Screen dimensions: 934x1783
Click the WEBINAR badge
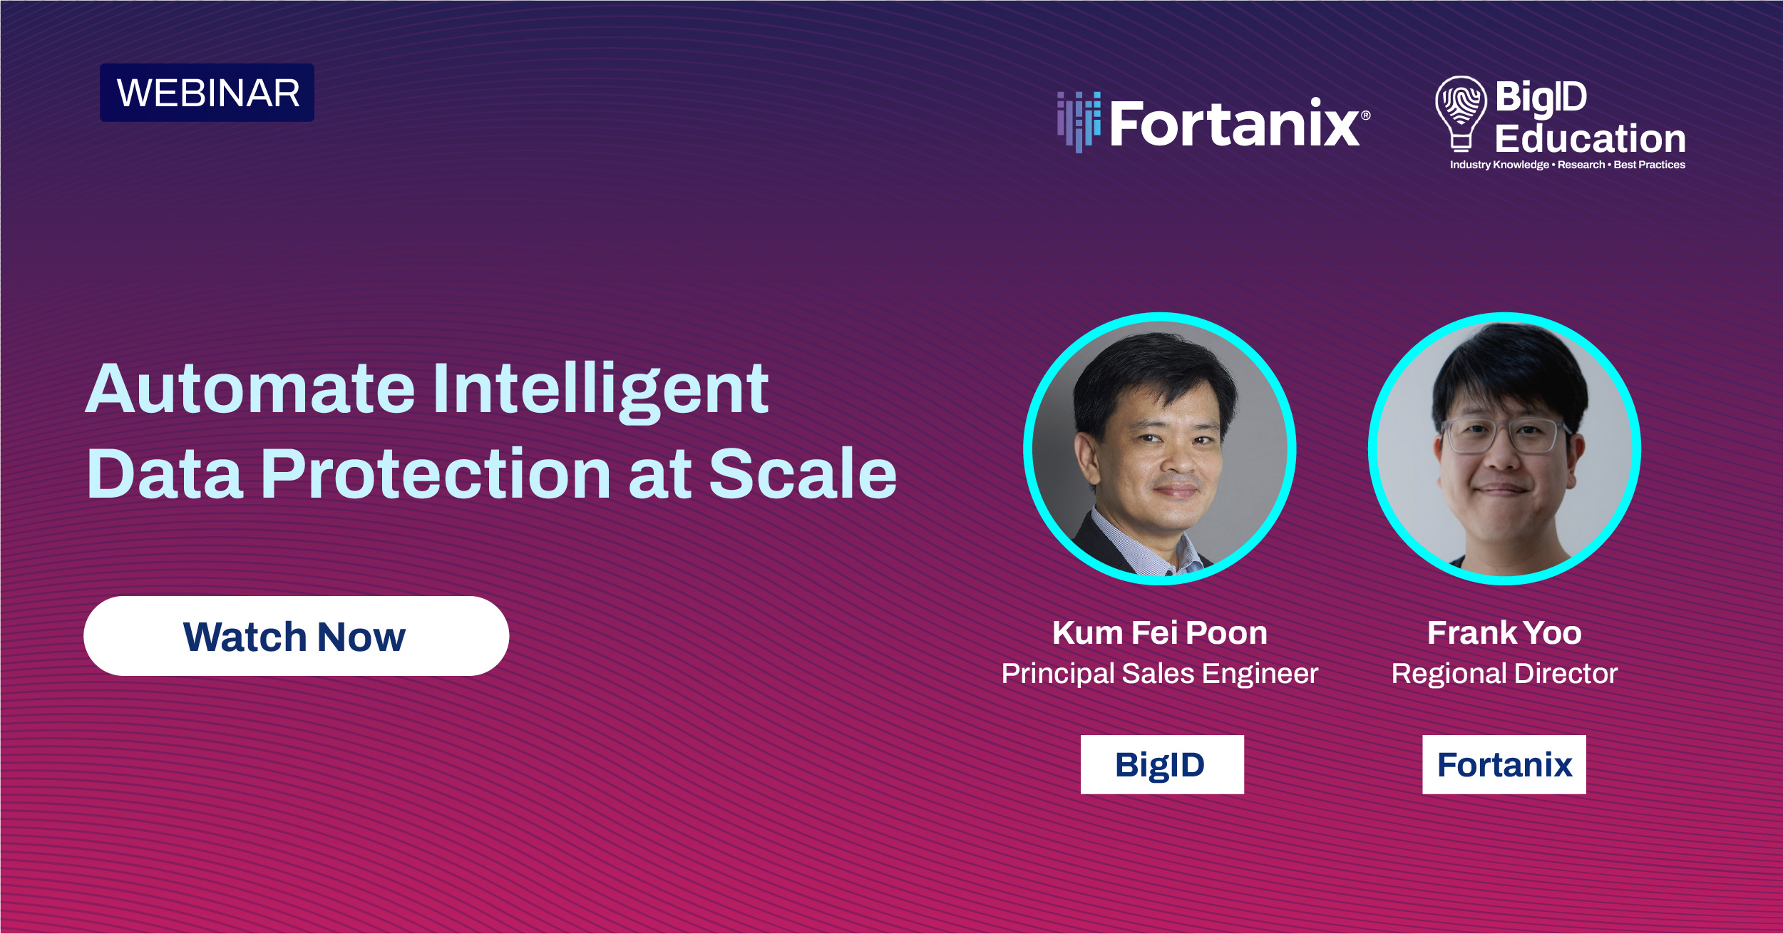point(207,93)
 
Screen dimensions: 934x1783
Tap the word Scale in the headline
point(803,473)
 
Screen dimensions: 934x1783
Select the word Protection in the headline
point(435,473)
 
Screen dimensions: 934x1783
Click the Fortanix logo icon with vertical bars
point(1079,121)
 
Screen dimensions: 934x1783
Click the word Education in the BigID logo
point(1590,138)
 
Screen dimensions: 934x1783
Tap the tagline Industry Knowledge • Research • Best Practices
point(1567,165)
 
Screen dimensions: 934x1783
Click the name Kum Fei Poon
point(1160,633)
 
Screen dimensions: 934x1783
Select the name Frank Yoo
point(1504,633)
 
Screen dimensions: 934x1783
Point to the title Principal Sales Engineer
point(1160,674)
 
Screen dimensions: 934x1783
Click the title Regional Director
point(1504,674)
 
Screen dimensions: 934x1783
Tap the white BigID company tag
point(1162,764)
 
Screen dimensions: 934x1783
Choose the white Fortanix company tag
point(1504,764)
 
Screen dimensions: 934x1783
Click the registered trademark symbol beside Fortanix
point(1365,115)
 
